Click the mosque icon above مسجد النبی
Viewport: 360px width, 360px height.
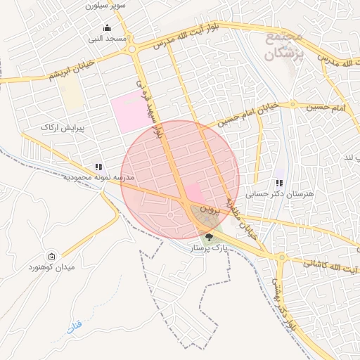pos(107,29)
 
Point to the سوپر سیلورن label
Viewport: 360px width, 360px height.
pos(105,5)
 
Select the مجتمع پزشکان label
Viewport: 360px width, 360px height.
pos(286,44)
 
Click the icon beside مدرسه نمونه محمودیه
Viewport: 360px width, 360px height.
pos(99,167)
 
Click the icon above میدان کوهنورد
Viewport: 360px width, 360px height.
pos(51,257)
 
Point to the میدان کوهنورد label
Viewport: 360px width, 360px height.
pos(51,268)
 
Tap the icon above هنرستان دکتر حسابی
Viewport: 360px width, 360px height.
pos(280,183)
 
